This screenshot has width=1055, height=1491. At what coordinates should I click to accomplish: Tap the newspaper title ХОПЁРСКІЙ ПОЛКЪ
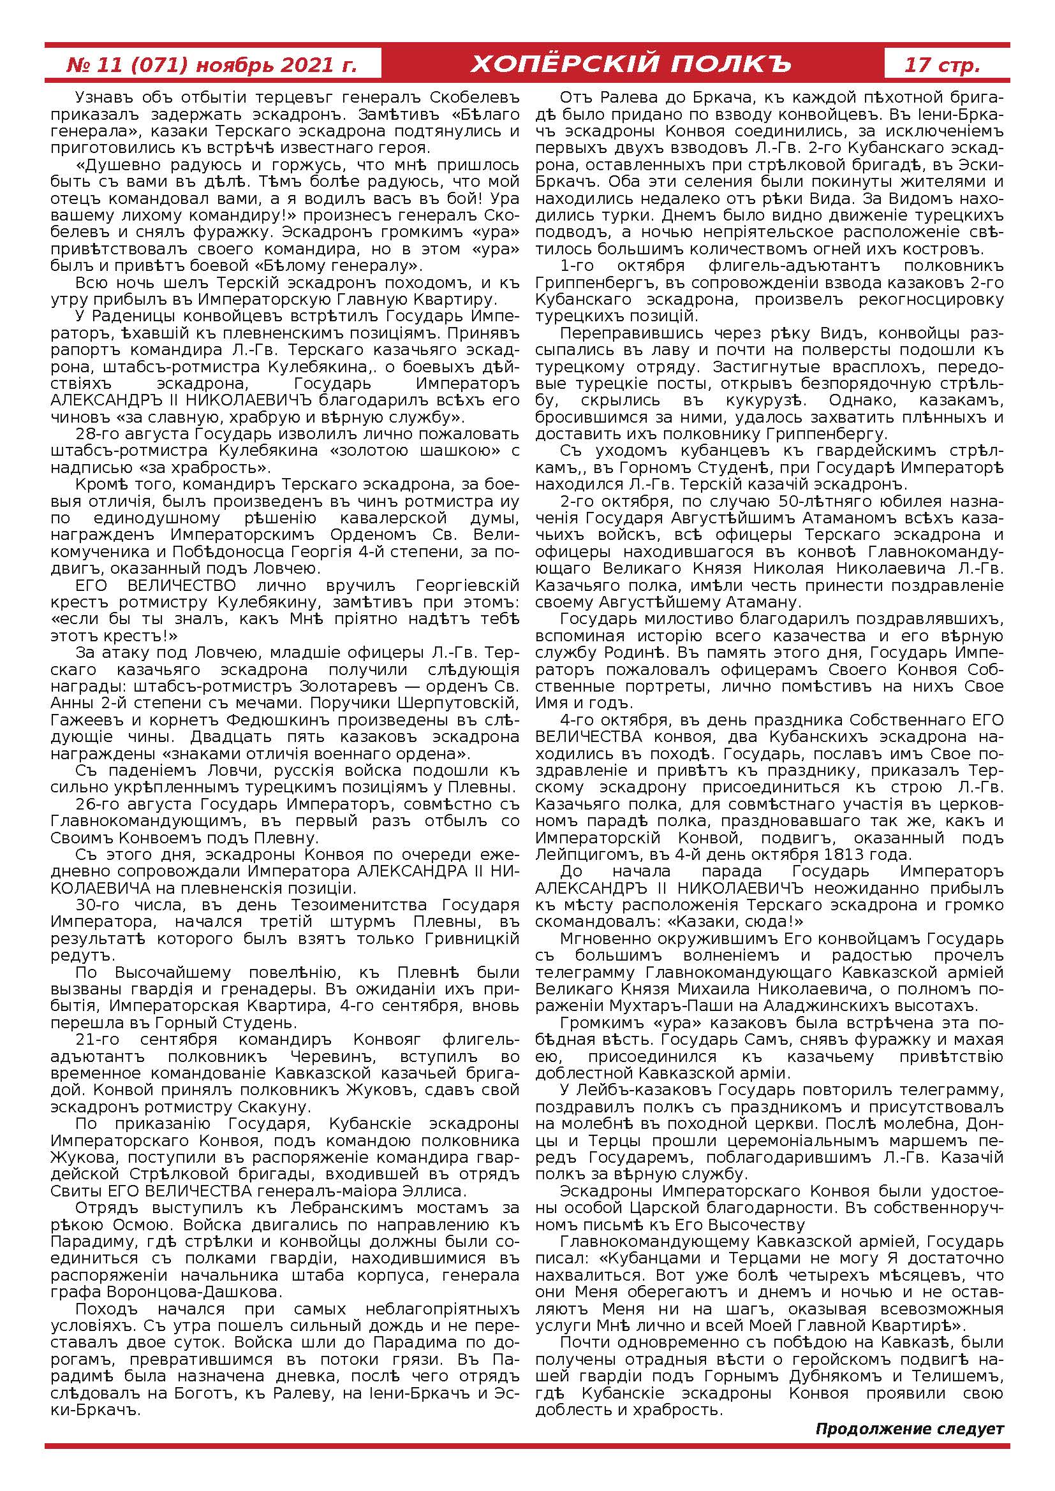(x=631, y=65)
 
